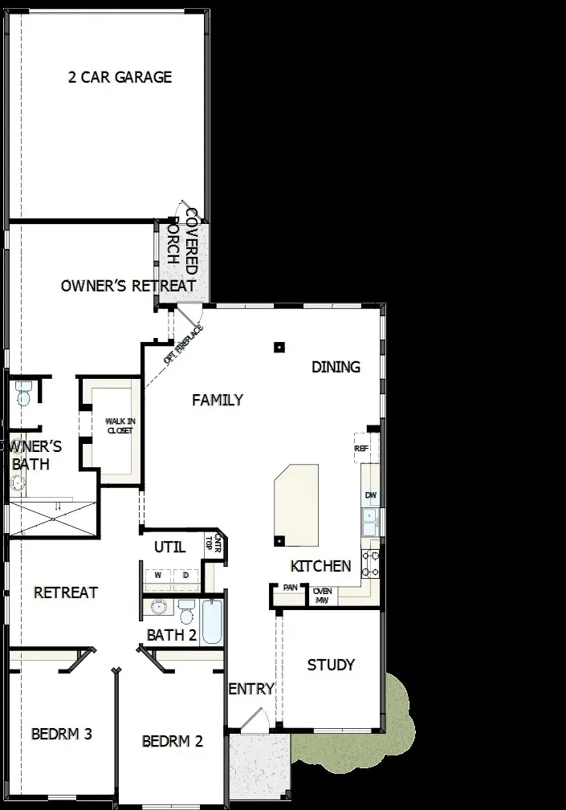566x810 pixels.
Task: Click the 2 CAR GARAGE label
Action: (120, 78)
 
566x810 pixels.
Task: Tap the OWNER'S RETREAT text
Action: (128, 286)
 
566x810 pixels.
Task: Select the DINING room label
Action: (336, 367)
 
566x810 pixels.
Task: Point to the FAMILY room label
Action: (218, 400)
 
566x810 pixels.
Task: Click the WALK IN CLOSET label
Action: (120, 425)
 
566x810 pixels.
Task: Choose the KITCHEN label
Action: (320, 566)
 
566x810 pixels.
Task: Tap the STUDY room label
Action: (331, 665)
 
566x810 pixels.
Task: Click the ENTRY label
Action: (251, 689)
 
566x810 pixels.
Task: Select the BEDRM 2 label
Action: (173, 741)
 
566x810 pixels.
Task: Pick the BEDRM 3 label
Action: (62, 734)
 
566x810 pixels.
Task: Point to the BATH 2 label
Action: (172, 635)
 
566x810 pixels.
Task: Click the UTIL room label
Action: (169, 547)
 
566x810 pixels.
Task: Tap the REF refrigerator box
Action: (361, 449)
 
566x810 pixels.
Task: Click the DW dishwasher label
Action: (370, 495)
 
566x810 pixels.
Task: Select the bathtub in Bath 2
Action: (211, 622)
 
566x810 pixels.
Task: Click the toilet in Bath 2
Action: (187, 613)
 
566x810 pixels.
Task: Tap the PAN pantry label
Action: (290, 588)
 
